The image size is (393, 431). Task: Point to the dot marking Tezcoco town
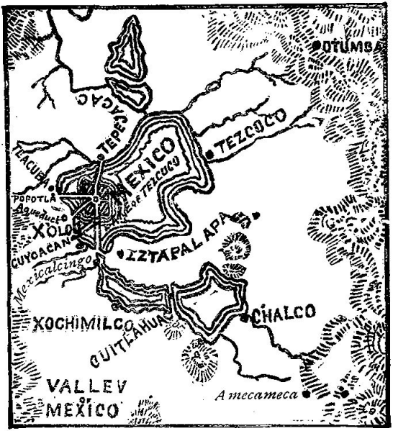coord(209,153)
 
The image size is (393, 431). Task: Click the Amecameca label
coord(260,393)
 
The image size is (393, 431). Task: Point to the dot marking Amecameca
coord(307,394)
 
